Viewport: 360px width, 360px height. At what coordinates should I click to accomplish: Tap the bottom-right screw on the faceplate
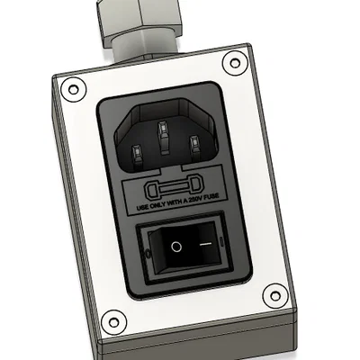click(x=272, y=294)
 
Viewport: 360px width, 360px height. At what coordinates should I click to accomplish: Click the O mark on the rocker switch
click(x=176, y=245)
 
